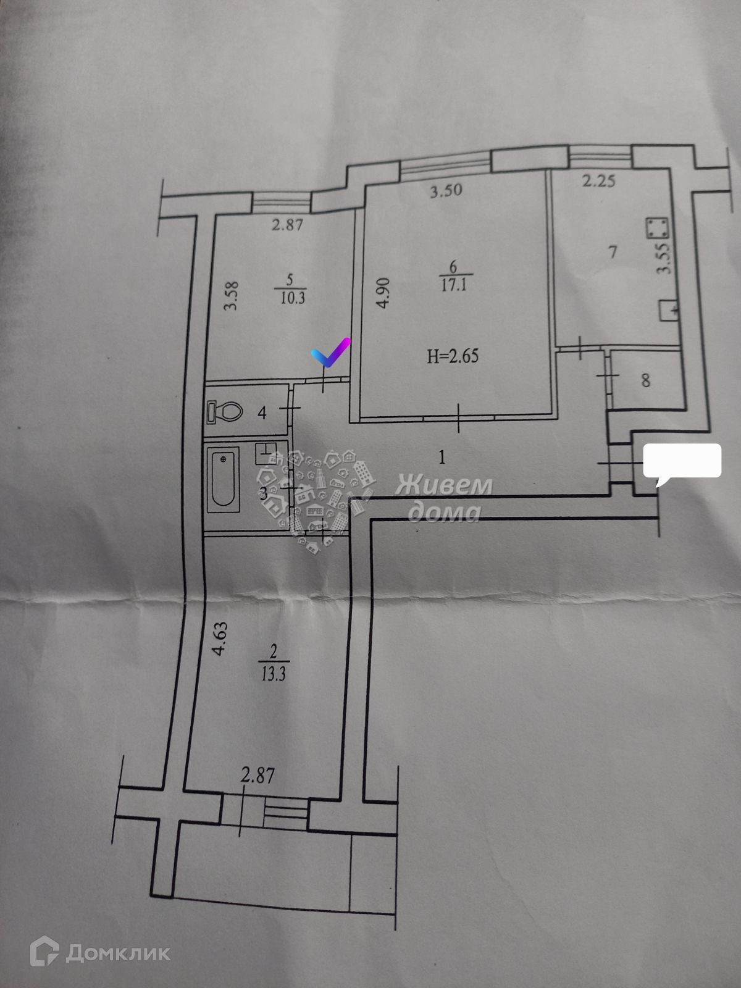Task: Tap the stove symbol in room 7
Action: [x=656, y=228]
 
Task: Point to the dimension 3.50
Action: [x=446, y=190]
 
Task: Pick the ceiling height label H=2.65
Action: [x=453, y=356]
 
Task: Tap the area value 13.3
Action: [x=273, y=674]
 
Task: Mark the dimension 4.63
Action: [x=220, y=639]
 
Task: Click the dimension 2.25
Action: [x=598, y=181]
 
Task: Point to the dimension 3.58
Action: [x=232, y=297]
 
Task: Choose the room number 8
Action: [x=646, y=380]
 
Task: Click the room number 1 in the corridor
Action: [x=442, y=458]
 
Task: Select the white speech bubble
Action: [x=682, y=461]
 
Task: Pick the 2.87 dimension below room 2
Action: [x=257, y=775]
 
